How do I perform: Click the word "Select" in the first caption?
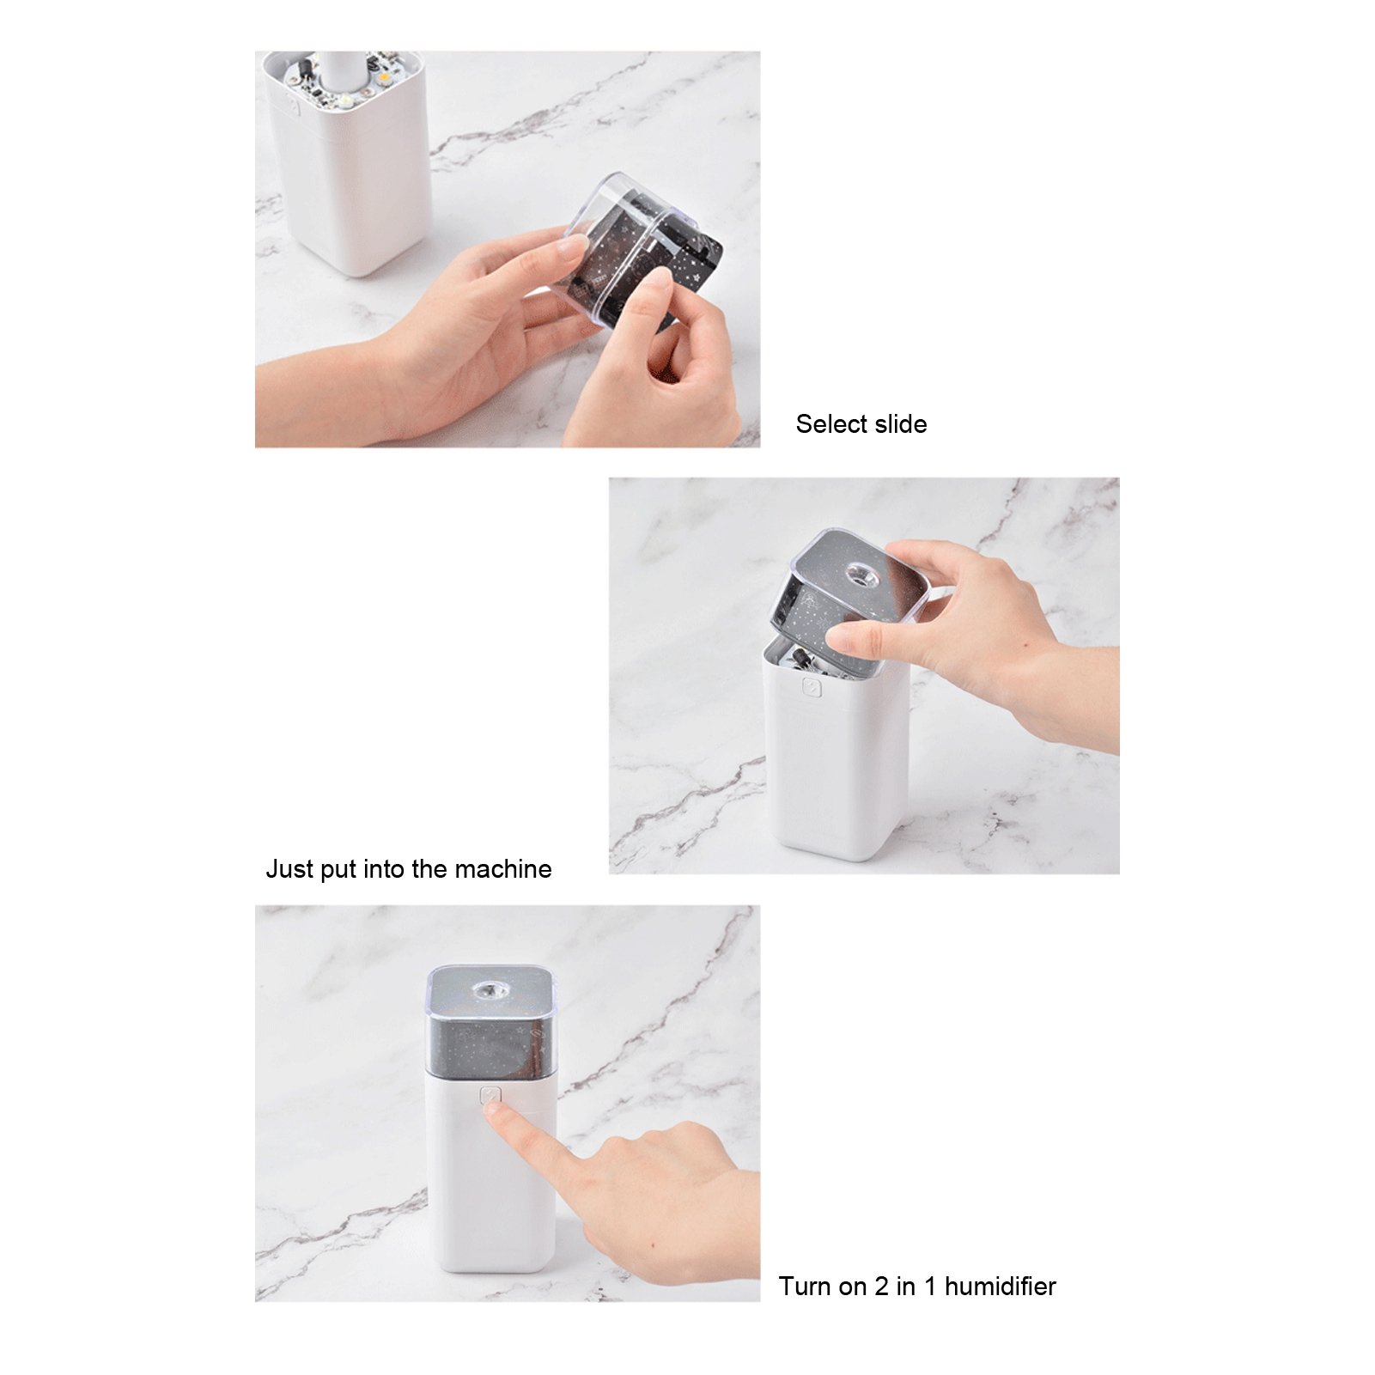830,424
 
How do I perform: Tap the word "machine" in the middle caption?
502,869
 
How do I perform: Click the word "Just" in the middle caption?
289,869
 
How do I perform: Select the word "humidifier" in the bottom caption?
1001,1287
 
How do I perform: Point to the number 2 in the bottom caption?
881,1287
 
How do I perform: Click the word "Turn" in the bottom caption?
806,1287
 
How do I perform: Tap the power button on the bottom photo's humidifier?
490,1096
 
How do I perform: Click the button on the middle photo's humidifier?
812,687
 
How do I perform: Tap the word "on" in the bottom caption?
853,1287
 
